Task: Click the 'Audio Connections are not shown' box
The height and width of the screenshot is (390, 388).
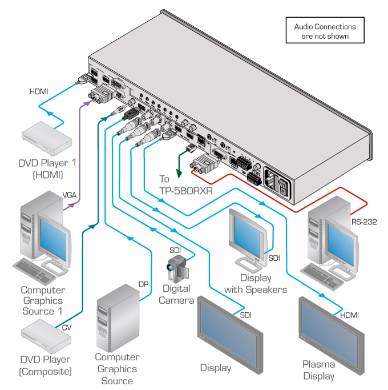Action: coord(325,31)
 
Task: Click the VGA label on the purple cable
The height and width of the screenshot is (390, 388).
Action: coord(70,195)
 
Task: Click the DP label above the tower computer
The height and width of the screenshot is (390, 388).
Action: coord(143,284)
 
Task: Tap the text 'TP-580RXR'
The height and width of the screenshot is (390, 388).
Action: coord(185,191)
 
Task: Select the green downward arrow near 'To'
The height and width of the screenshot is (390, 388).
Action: coord(182,166)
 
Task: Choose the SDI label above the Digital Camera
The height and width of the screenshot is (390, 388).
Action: coord(175,250)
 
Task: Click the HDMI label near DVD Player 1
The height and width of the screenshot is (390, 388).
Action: coord(39,91)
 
